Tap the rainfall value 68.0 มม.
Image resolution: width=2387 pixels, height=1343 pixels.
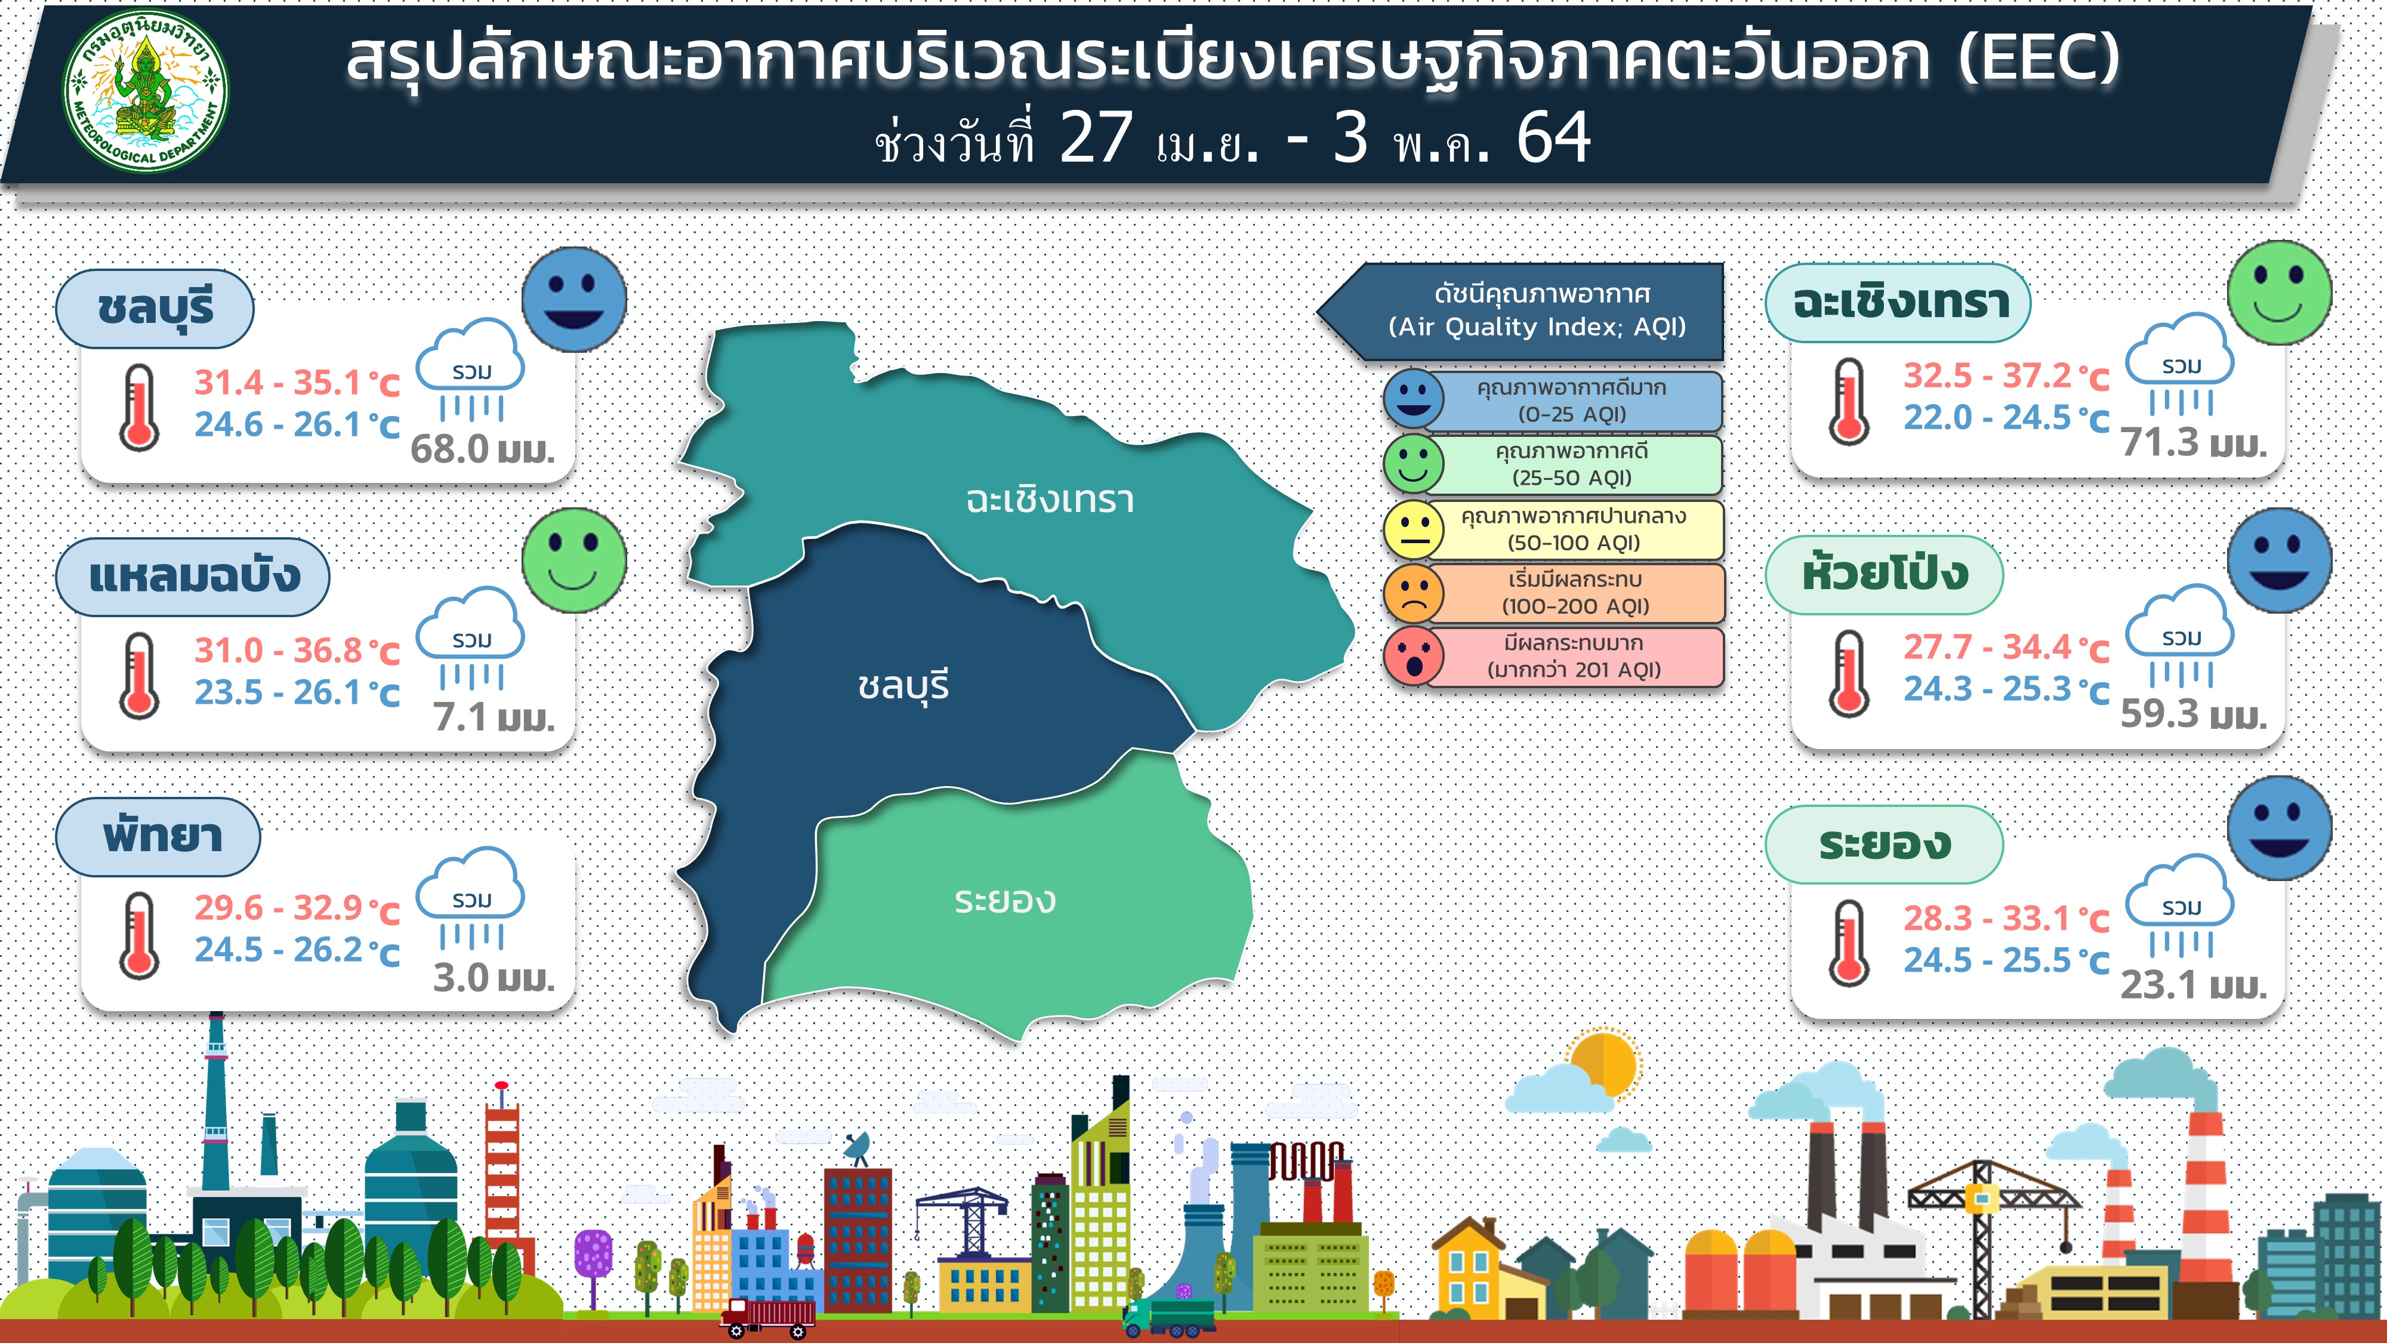point(482,449)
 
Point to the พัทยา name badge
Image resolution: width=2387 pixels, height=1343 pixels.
point(159,837)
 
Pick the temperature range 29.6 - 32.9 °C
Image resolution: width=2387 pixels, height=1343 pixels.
point(297,909)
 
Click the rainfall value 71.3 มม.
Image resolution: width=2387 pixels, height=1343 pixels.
point(2193,443)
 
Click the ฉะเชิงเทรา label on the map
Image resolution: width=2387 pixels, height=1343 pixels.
point(1050,500)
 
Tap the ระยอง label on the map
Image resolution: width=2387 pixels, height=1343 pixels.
point(1006,900)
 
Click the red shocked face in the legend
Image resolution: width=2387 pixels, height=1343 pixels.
point(1413,656)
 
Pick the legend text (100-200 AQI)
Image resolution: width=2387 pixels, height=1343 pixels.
point(1575,607)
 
